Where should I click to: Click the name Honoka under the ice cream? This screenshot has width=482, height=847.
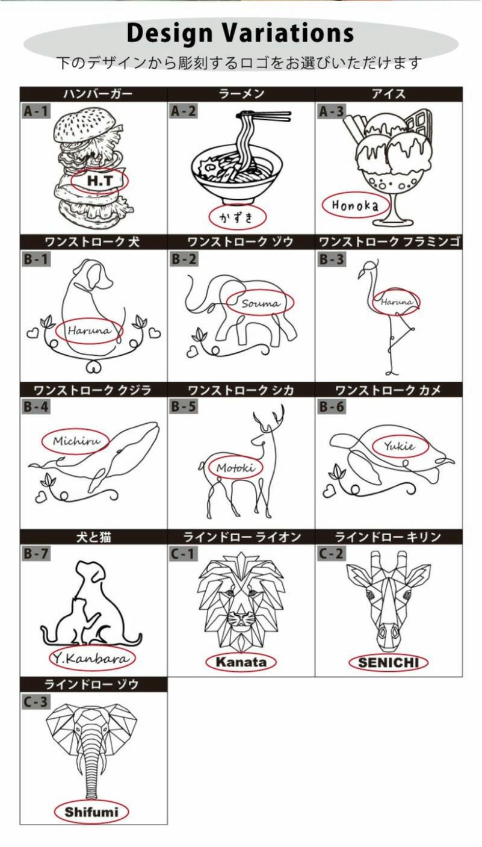pos(355,205)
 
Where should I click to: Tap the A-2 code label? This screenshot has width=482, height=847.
pos(184,111)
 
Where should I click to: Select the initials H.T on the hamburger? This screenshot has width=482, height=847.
pos(100,181)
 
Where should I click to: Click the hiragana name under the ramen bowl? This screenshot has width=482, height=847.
pos(238,217)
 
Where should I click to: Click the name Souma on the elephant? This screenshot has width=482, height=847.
pos(261,303)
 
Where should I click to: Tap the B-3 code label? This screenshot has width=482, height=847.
pos(332,259)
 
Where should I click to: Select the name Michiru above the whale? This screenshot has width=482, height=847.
pos(77,441)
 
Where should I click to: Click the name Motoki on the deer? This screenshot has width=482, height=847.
pos(236,468)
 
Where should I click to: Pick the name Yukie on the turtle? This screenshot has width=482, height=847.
pos(400,446)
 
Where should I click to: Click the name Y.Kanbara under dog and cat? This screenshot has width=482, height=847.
pos(93,659)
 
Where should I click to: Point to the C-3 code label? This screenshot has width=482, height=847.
pos(36,702)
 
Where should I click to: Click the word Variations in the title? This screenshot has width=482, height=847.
pos(288,33)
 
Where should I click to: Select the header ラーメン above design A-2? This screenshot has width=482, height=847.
pos(241,94)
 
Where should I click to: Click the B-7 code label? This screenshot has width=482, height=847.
pos(36,554)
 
